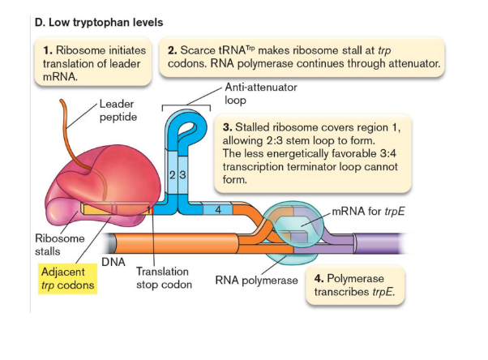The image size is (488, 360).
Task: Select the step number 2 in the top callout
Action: coord(172,50)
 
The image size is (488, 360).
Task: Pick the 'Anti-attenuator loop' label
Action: coord(250,95)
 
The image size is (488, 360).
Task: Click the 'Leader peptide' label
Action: coord(119,110)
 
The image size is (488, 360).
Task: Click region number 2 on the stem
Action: coord(173,176)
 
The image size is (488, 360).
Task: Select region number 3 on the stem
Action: coord(183,176)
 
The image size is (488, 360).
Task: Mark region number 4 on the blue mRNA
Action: coord(218,209)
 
